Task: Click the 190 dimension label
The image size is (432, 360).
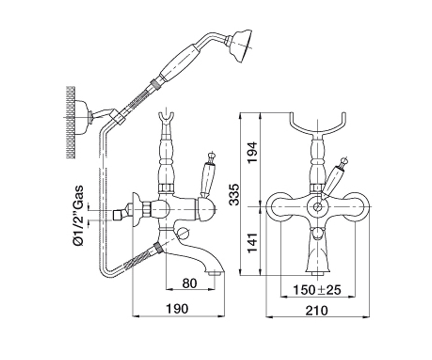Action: [x=177, y=309]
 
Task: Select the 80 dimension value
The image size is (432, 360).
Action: [x=189, y=283]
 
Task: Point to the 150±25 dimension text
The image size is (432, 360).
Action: [x=317, y=290]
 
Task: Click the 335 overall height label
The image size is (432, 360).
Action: [x=234, y=194]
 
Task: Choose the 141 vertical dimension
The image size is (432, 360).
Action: [x=252, y=243]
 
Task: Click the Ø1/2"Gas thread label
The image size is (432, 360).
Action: [x=79, y=215]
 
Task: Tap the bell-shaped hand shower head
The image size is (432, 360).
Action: [x=240, y=46]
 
